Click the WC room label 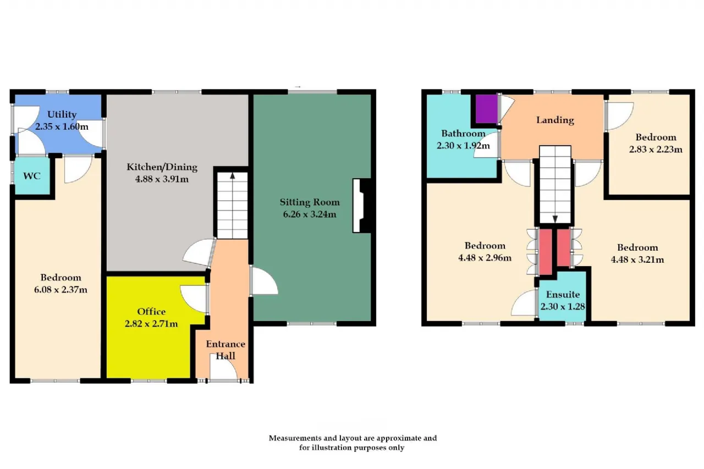click(x=32, y=176)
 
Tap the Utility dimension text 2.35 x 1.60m click(x=62, y=126)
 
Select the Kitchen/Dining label click(x=162, y=167)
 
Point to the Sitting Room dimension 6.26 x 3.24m click(x=310, y=214)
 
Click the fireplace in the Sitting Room click(x=361, y=206)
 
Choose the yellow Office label click(x=151, y=312)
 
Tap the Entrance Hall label click(x=226, y=350)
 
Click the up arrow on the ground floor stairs click(x=232, y=175)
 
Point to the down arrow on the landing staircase click(x=555, y=219)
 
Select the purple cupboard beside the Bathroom click(x=486, y=109)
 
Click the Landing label click(x=555, y=120)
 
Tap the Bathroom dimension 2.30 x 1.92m click(x=463, y=146)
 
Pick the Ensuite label click(x=563, y=295)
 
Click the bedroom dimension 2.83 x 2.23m click(x=656, y=149)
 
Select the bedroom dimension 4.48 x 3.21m click(x=637, y=260)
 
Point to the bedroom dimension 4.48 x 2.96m click(x=485, y=258)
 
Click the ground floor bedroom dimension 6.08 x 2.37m click(x=61, y=290)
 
